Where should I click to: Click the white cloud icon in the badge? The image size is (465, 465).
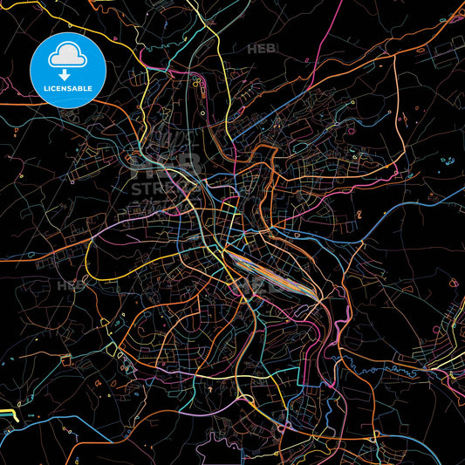pos(65,55)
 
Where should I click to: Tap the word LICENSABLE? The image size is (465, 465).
pos(65,87)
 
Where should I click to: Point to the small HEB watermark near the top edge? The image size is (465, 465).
pos(262,49)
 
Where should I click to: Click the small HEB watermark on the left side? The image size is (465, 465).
pos(72,285)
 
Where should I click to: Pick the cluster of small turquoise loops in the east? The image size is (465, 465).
pos(448,161)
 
